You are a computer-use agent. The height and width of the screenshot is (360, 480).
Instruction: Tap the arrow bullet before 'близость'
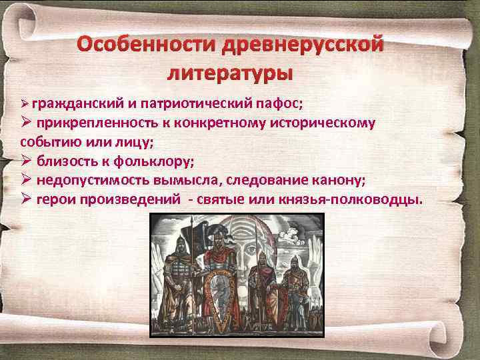(26, 161)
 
